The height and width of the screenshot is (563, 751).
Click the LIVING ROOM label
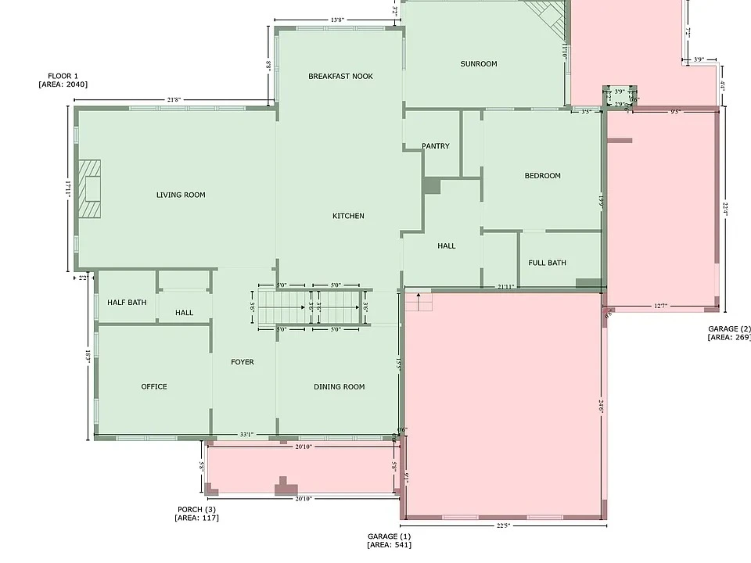pyautogui.click(x=181, y=195)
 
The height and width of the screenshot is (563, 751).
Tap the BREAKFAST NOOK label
pyautogui.click(x=340, y=76)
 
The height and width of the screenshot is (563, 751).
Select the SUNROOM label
pyautogui.click(x=478, y=64)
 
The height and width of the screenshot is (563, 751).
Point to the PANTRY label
pyautogui.click(x=435, y=146)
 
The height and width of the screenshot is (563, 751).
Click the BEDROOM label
pyautogui.click(x=542, y=176)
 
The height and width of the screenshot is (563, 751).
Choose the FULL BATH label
pyautogui.click(x=547, y=263)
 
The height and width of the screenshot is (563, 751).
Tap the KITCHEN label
pyautogui.click(x=348, y=216)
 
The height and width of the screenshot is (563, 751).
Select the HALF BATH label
pyautogui.click(x=127, y=302)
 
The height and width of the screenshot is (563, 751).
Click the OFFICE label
pyautogui.click(x=154, y=386)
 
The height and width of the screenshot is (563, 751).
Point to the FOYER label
pyautogui.click(x=243, y=362)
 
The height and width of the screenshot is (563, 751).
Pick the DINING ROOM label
pyautogui.click(x=339, y=386)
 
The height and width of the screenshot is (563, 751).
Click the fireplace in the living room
pyautogui.click(x=88, y=190)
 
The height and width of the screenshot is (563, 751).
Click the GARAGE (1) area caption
pyautogui.click(x=390, y=540)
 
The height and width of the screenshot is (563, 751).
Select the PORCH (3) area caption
pyautogui.click(x=196, y=513)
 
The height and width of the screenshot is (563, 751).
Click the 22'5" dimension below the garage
pyautogui.click(x=503, y=525)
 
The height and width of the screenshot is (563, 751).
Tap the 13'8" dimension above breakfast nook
pyautogui.click(x=339, y=20)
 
